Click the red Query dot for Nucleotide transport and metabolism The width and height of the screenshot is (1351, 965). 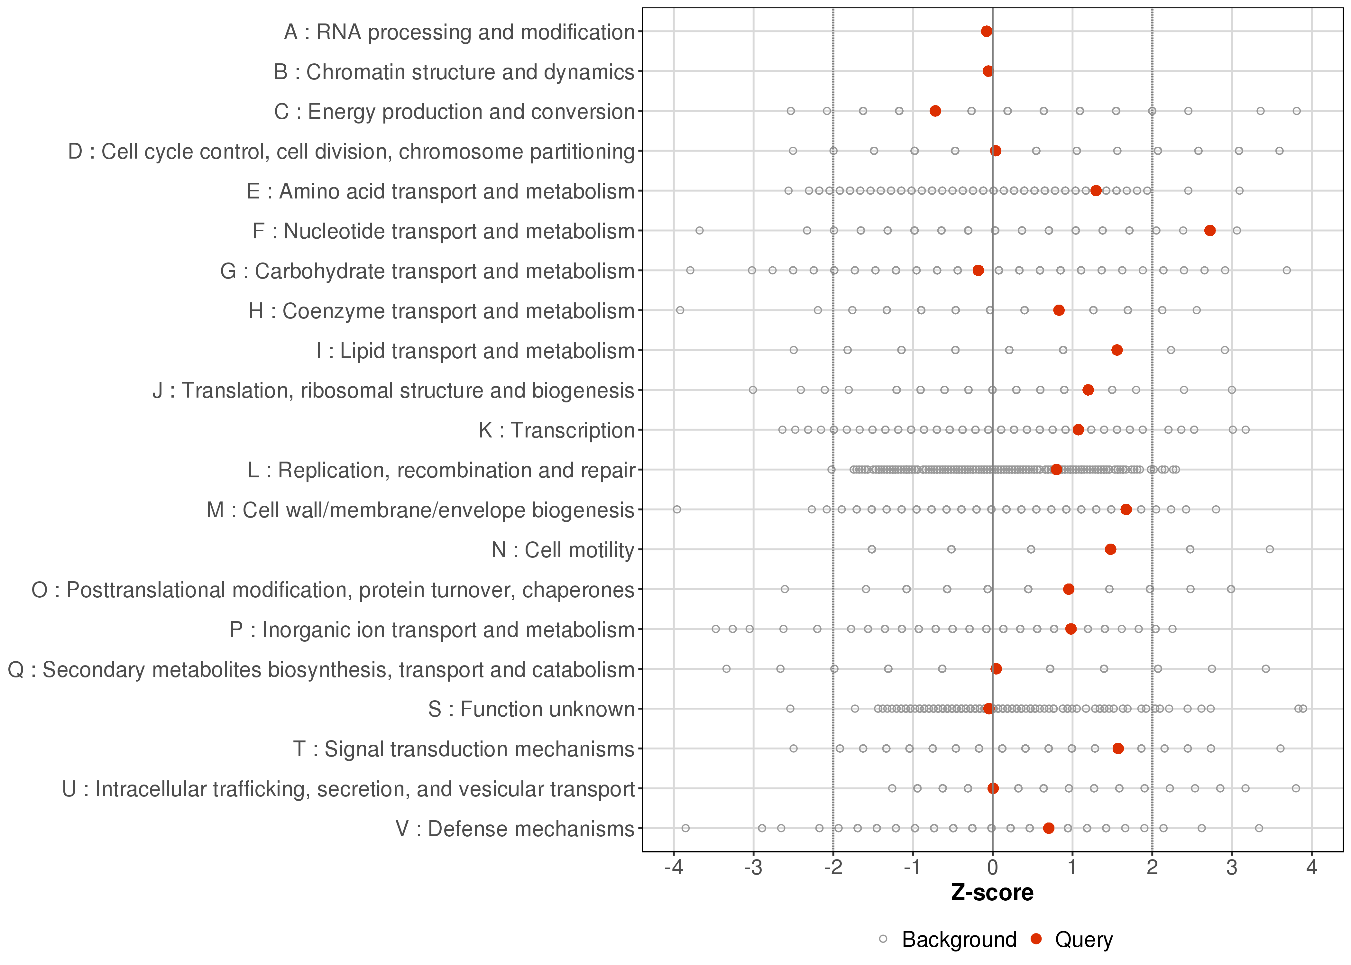tap(1209, 231)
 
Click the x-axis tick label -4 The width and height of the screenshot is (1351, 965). tap(674, 868)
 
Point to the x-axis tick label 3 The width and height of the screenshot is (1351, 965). tap(1232, 868)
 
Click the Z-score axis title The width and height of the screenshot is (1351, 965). tap(992, 893)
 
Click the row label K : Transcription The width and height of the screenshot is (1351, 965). tap(557, 430)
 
